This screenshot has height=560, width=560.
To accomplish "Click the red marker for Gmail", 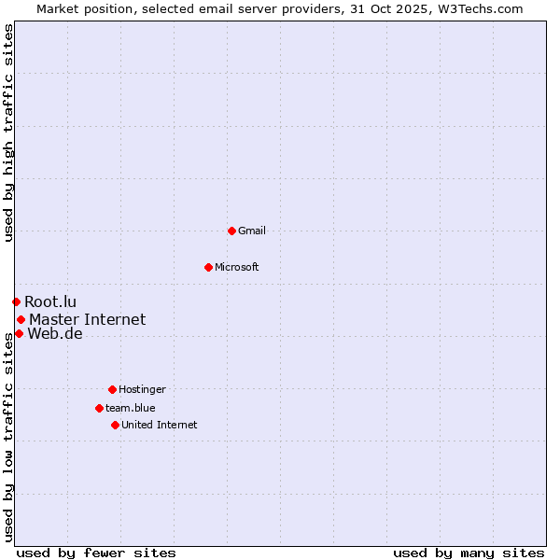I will point(231,231).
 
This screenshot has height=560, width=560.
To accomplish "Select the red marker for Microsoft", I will point(208,267).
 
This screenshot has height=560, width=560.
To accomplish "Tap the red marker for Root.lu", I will point(16,301).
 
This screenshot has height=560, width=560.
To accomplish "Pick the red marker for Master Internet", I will point(21,319).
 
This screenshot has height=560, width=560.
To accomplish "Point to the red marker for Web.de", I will point(19,333).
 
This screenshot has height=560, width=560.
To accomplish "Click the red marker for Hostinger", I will point(112,389).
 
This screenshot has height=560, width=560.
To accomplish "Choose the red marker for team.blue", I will point(99,408).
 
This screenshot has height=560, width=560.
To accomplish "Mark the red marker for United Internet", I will point(115,425).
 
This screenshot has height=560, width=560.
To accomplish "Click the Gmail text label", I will point(252,231).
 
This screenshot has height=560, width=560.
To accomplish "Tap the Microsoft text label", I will point(237,267).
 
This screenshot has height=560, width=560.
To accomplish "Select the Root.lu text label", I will point(50,301).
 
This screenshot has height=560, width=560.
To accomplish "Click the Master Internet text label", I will point(87,319).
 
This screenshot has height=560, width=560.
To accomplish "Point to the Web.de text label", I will point(55,333).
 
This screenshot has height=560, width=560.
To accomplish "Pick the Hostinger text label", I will point(142,389).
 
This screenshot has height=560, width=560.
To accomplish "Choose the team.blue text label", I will point(131,408).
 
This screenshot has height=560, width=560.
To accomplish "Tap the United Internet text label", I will point(160,425).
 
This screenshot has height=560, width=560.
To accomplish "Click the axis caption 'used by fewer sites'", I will point(96,553).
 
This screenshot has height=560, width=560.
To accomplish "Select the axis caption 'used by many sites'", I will point(469,553).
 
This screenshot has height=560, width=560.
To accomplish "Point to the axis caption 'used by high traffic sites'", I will point(8,133).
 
